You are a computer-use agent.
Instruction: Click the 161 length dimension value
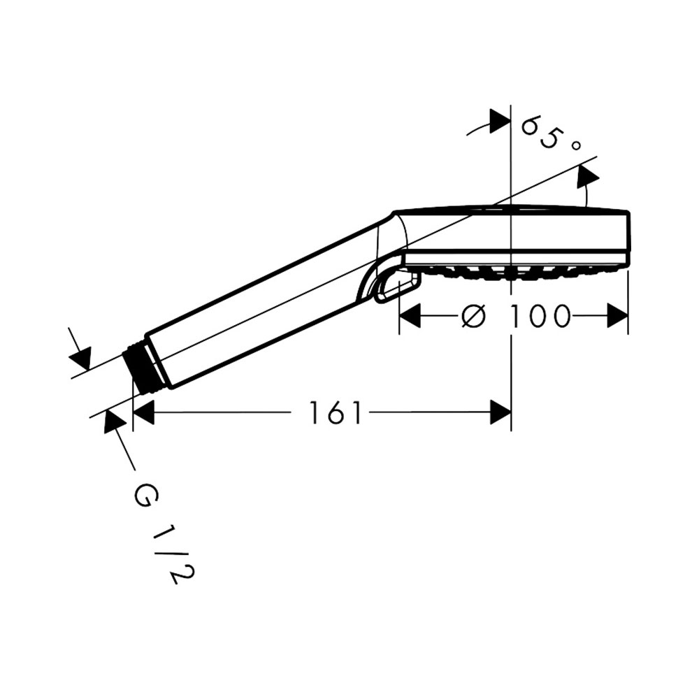tap(335, 413)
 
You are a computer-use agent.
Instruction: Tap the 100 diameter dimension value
tap(540, 316)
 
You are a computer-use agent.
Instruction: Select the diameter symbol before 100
tap(473, 316)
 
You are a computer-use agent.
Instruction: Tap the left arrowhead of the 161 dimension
tap(143, 412)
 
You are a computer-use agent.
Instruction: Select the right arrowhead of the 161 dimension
tap(500, 412)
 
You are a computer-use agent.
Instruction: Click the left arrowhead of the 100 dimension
tap(410, 316)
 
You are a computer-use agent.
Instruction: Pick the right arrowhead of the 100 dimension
tap(617, 316)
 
